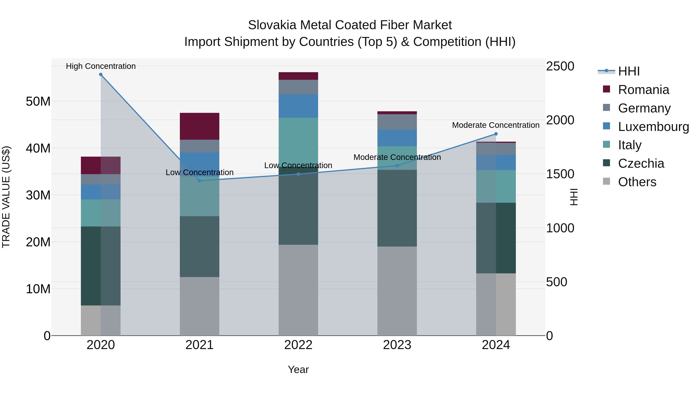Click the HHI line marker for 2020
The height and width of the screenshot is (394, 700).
coord(101,75)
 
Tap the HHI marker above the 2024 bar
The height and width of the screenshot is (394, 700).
coord(496,134)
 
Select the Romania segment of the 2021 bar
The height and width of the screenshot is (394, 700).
coord(199,126)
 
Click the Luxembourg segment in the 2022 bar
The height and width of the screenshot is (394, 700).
coord(298,106)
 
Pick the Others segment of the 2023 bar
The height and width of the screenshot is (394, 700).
coord(397,291)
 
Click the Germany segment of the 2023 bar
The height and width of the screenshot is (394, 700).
coord(397,122)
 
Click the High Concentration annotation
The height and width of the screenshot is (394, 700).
coord(101,66)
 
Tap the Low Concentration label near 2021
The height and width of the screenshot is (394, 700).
coord(199,172)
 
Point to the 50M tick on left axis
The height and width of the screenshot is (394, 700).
coord(38,101)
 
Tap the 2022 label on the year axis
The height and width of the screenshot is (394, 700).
coord(298,345)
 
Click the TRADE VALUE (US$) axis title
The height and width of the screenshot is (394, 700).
coord(6,197)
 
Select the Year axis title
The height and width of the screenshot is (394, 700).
coord(298,369)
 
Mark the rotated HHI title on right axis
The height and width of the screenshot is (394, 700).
coord(574,197)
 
